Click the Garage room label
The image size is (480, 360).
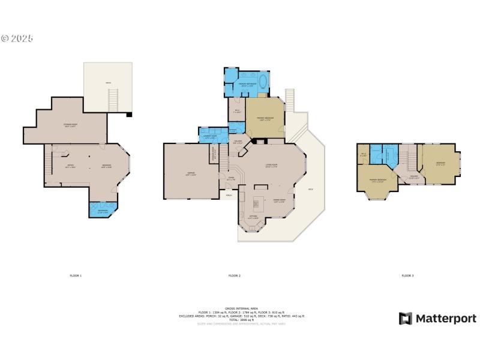pyautogui.click(x=191, y=174)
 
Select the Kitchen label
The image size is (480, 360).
pyautogui.click(x=253, y=217)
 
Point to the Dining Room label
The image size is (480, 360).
pyautogui.click(x=279, y=202)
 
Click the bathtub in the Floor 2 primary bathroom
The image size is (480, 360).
pyautogui.click(x=263, y=82)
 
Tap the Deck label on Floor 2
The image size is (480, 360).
pyautogui.click(x=311, y=190)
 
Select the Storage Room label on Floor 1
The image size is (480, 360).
pyautogui.click(x=74, y=125)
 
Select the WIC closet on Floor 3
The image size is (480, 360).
pyautogui.click(x=364, y=155)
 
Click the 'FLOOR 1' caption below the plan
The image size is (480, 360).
pyautogui.click(x=76, y=275)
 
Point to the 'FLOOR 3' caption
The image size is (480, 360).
pyautogui.click(x=407, y=275)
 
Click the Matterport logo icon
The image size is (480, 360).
pyautogui.click(x=406, y=318)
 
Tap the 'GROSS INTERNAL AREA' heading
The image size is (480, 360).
pyautogui.click(x=241, y=307)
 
